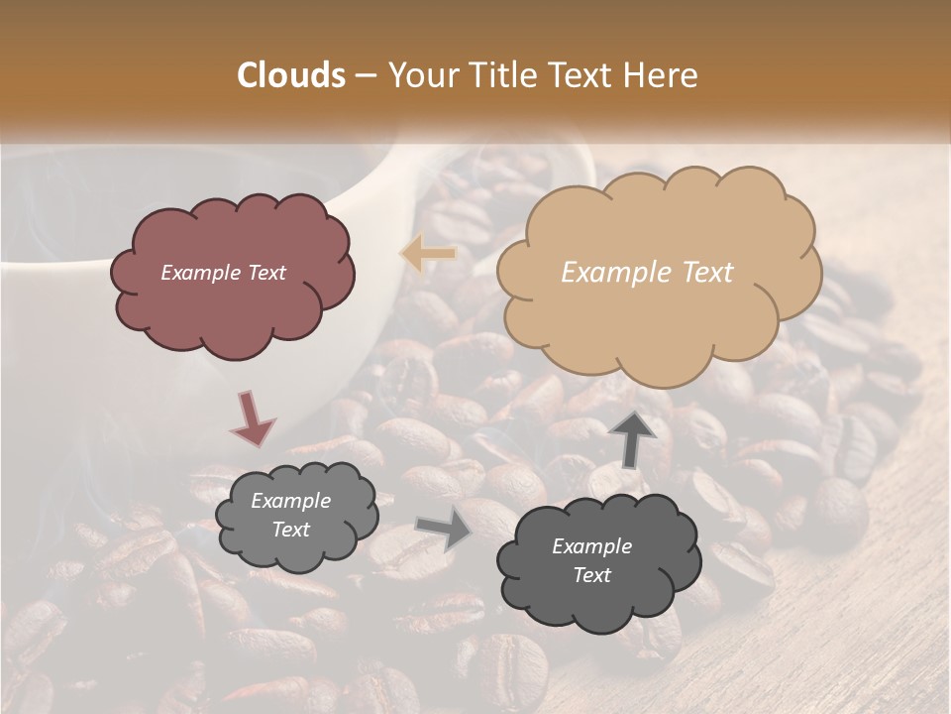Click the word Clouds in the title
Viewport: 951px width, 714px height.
tap(291, 75)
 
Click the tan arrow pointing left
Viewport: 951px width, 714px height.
tap(428, 254)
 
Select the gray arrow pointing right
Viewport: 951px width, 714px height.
tap(444, 528)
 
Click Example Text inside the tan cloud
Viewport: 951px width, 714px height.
tap(647, 273)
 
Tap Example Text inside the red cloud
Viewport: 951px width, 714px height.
tap(223, 273)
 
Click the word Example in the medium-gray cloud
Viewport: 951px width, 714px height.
tap(290, 501)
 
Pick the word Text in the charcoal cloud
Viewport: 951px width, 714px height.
tap(591, 575)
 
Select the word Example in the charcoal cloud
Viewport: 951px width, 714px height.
tap(591, 546)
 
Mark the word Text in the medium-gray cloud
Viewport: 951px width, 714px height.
tap(290, 530)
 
